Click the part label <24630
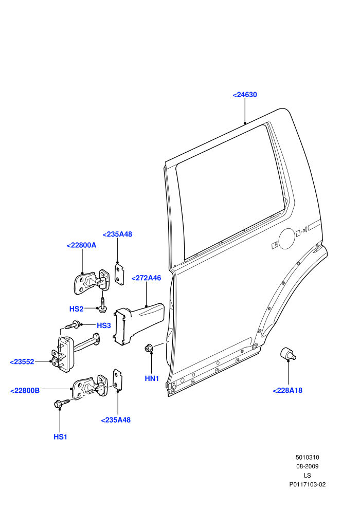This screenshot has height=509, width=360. tap(245, 95)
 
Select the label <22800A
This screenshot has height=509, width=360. tap(81, 245)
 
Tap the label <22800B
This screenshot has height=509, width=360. tap(25, 391)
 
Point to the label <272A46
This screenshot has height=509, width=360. tap(146, 278)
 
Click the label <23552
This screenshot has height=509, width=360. tap(22, 362)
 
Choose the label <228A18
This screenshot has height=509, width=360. tap(287, 391)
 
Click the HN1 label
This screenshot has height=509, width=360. tap(152, 378)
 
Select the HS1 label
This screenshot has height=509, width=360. tap(60, 437)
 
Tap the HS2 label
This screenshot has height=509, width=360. tap(76, 309)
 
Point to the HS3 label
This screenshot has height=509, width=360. tap(104, 325)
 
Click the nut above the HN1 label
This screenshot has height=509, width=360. tap(149, 348)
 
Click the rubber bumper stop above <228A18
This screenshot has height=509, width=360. tap(288, 354)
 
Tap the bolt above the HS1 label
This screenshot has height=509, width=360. tap(62, 403)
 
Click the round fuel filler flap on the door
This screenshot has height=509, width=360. tap(287, 239)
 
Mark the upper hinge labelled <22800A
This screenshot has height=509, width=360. tap(92, 282)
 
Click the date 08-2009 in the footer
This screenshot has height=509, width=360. tap(307, 466)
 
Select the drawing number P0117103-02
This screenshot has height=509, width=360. tap(308, 485)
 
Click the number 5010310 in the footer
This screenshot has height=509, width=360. tap(307, 458)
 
